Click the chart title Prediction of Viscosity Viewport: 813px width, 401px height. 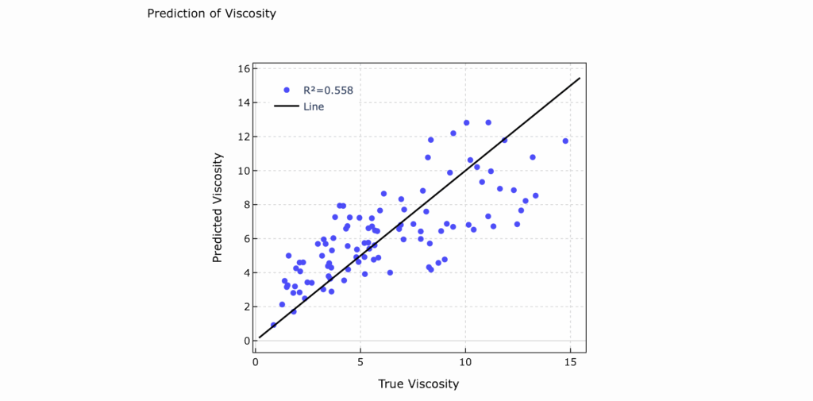211,13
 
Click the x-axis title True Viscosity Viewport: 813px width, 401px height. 418,384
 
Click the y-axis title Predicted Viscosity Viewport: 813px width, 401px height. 217,206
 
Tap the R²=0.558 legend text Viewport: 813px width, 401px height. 328,91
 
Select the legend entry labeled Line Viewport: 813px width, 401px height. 314,106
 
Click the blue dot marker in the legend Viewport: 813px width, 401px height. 287,91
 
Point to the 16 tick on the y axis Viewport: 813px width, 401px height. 244,69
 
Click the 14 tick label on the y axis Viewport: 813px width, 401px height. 244,103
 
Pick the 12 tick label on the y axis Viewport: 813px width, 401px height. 244,137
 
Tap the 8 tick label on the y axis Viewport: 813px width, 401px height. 246,205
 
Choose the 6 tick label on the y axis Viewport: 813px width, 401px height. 246,239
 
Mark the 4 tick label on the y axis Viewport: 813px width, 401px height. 246,273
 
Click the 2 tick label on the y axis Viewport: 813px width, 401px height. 246,307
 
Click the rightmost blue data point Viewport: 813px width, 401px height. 565,141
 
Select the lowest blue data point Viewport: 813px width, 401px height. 274,325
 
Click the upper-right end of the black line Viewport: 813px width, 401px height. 580,79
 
